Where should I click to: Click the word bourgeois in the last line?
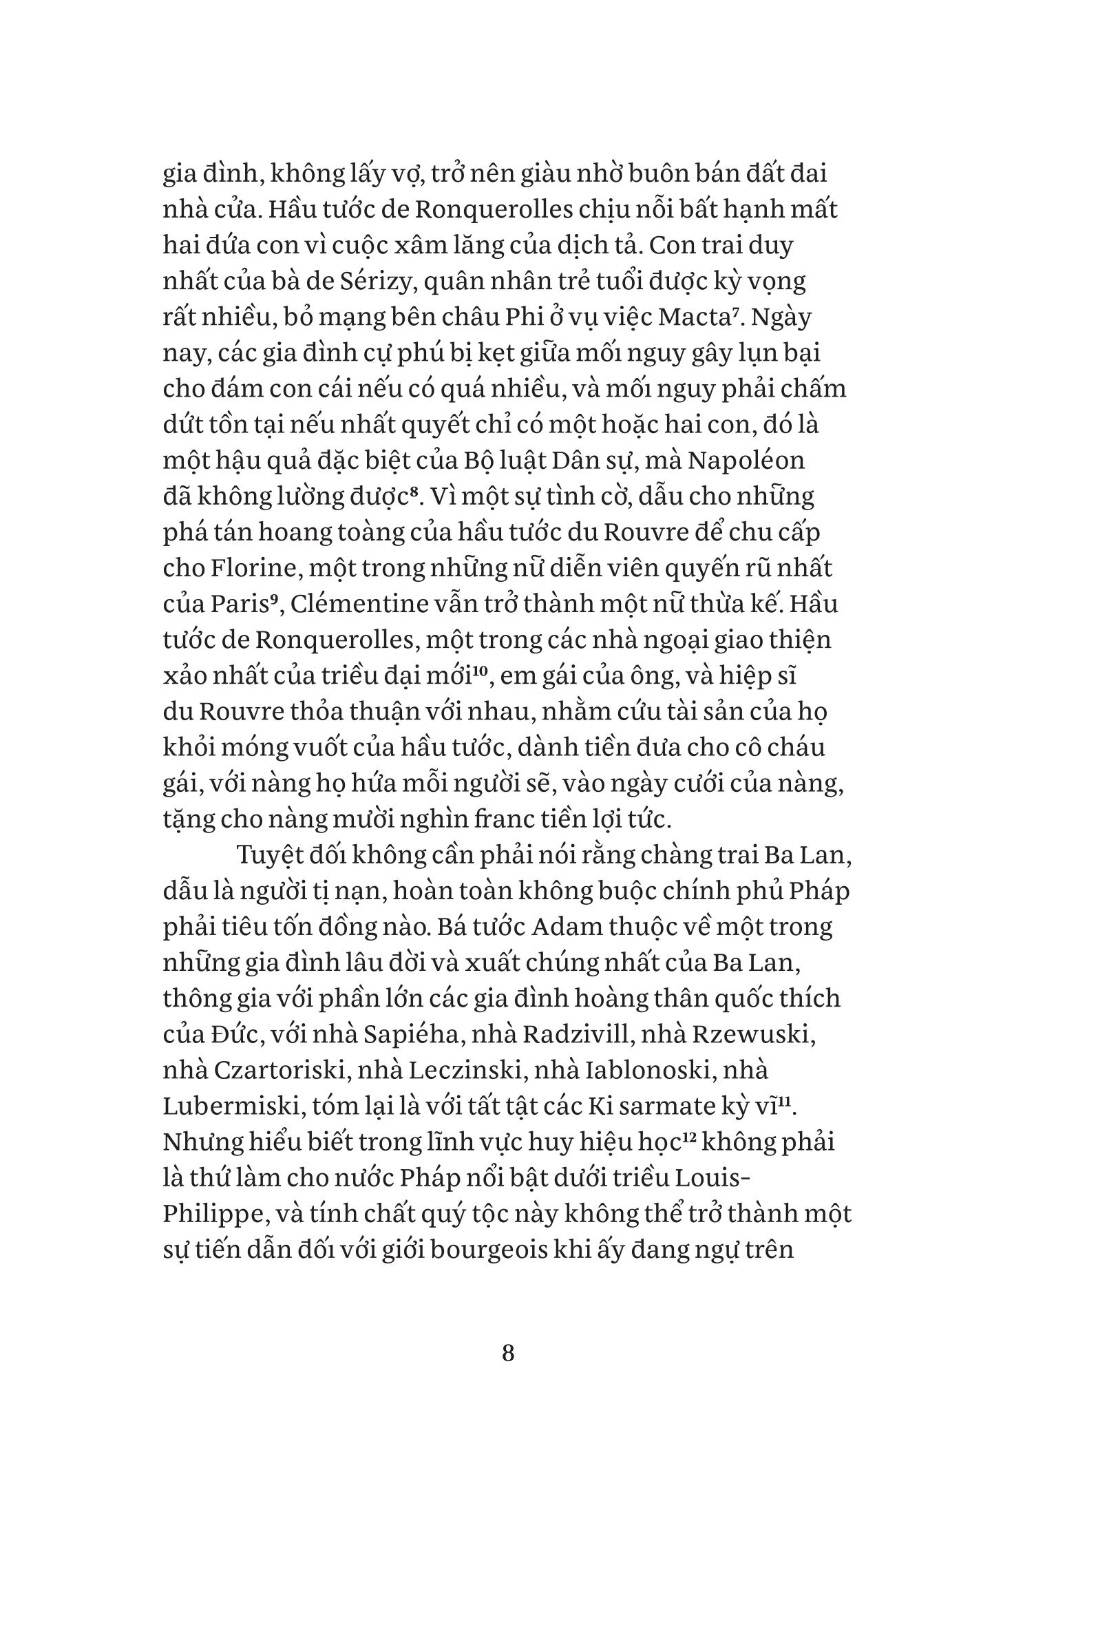(487, 1249)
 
